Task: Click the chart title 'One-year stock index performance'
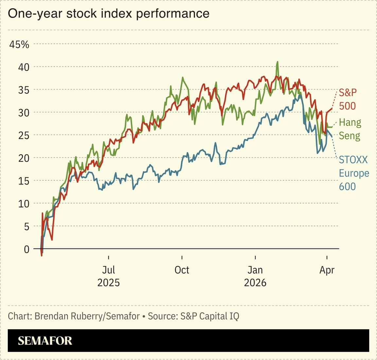click(108, 14)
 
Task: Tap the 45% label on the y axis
click(19, 44)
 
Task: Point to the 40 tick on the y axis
click(24, 67)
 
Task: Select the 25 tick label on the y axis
click(24, 135)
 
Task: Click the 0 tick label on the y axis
click(27, 249)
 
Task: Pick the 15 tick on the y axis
click(24, 181)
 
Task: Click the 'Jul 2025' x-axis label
click(108, 276)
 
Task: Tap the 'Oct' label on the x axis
click(182, 270)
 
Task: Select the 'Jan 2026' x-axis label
click(255, 276)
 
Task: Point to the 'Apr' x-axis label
click(327, 270)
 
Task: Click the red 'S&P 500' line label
click(347, 99)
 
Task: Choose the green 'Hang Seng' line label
click(350, 129)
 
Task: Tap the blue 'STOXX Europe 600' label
click(354, 173)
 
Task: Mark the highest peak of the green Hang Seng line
click(278, 62)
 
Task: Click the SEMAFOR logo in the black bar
click(45, 341)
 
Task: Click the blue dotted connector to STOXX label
click(335, 147)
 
